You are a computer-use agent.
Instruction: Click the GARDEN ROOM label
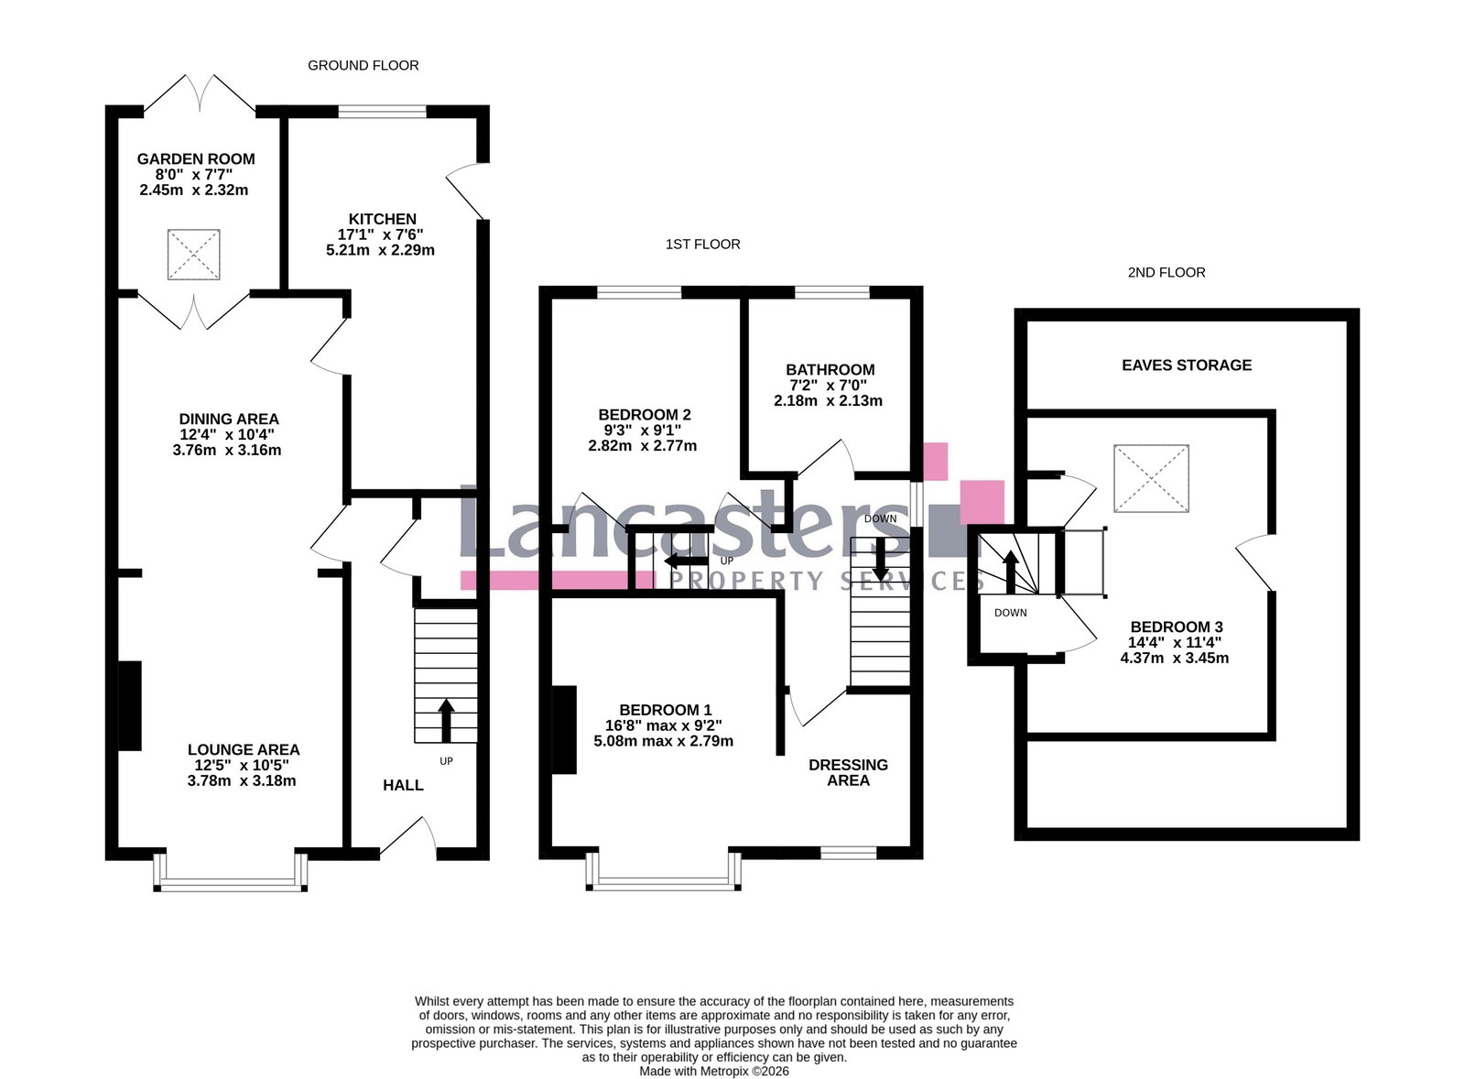pos(196,159)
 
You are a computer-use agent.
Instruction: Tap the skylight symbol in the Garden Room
pos(193,255)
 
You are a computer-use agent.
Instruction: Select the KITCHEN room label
pos(382,219)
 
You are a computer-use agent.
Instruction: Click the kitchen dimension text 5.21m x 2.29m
pos(380,250)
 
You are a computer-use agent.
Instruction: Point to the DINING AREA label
pos(229,419)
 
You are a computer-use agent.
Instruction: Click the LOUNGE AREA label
pos(244,750)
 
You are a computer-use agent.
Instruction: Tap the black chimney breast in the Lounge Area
pos(129,706)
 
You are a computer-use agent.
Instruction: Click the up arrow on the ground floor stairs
pos(446,720)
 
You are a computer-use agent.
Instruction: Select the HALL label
pos(403,785)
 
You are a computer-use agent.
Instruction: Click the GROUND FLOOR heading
pos(363,65)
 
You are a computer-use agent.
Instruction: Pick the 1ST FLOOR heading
pos(702,244)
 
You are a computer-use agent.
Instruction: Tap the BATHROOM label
pos(830,370)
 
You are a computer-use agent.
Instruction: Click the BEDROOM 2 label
pos(645,415)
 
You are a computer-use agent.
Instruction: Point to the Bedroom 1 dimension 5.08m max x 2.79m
pos(663,741)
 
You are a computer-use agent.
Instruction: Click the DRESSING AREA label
pos(848,773)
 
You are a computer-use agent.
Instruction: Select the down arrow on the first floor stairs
pos(880,559)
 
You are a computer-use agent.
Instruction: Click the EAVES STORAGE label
pos(1187,365)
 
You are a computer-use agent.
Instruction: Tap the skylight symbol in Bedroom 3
pos(1151,478)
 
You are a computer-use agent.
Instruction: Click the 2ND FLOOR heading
pos(1167,272)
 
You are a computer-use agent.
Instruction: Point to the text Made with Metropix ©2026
pos(713,1071)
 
